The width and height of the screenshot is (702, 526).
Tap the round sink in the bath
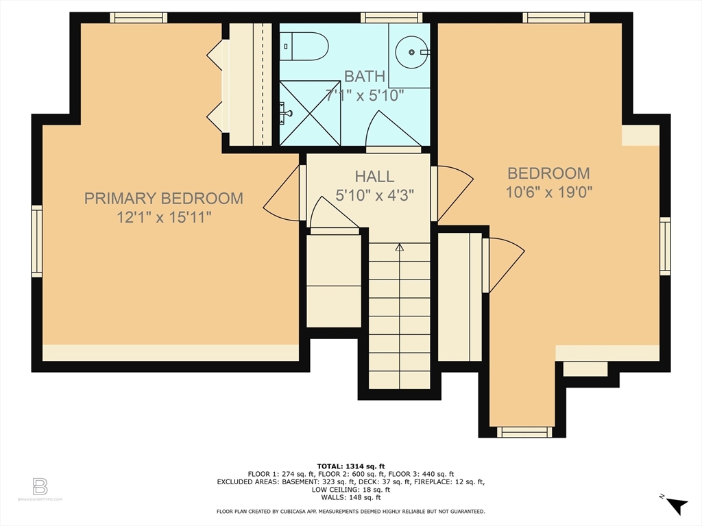click(412, 52)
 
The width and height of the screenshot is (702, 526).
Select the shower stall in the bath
click(310, 113)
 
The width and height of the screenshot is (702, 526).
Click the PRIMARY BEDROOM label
click(163, 199)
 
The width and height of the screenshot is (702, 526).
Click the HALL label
click(375, 177)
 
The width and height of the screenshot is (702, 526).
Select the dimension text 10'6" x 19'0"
click(548, 192)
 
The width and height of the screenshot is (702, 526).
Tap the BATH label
click(365, 76)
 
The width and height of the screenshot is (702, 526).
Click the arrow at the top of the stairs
click(399, 247)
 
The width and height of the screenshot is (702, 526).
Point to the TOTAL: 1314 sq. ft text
click(350, 466)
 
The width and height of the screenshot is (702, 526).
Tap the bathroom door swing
click(391, 130)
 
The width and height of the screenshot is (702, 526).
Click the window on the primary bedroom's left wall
click(37, 241)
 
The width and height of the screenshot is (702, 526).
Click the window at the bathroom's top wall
click(391, 18)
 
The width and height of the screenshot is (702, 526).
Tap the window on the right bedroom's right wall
click(664, 246)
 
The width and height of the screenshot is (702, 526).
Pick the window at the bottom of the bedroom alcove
click(524, 431)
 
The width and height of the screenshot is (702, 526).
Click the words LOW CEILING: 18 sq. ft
click(350, 490)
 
